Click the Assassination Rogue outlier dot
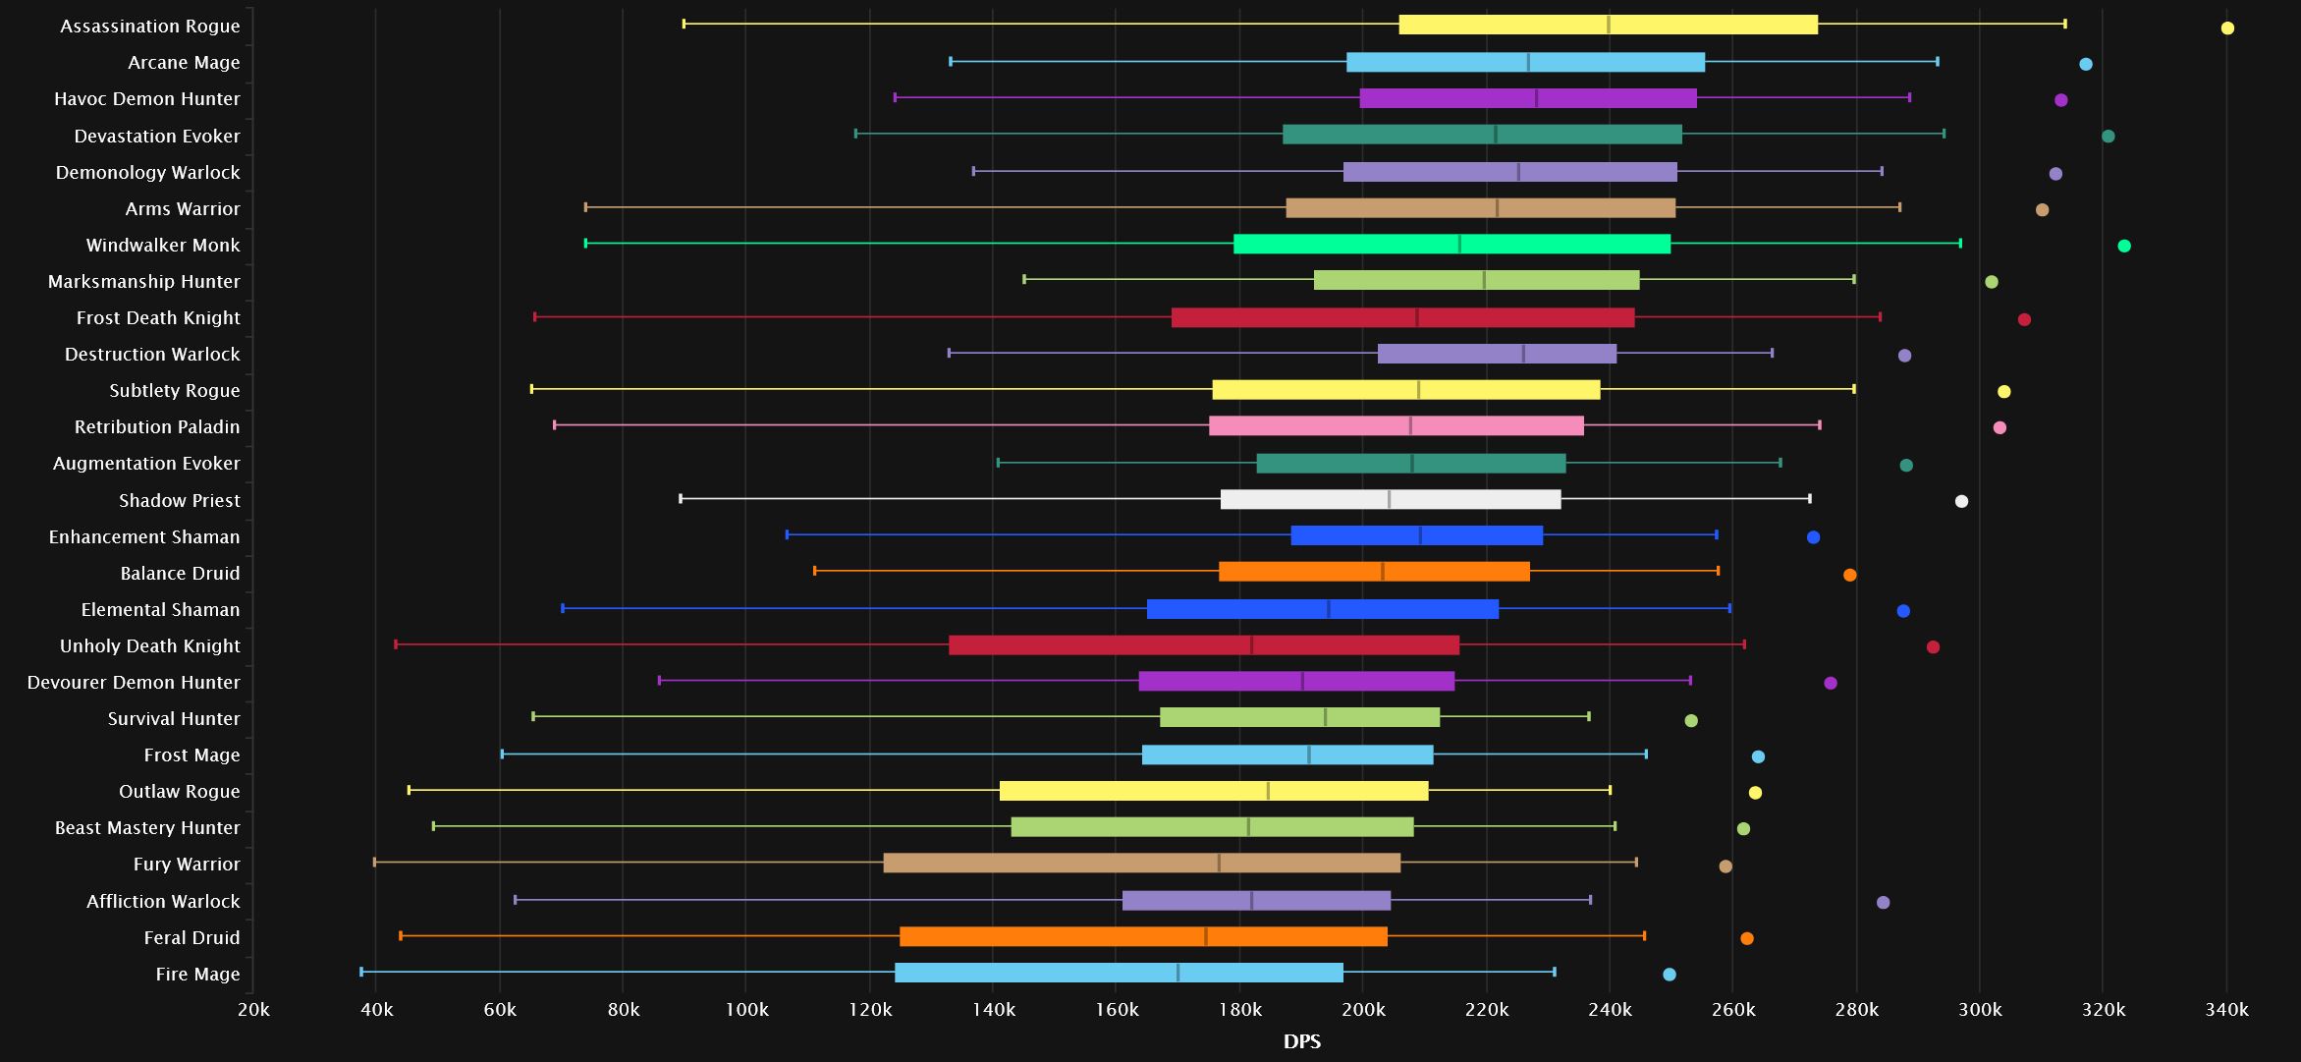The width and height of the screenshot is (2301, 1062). click(x=2227, y=28)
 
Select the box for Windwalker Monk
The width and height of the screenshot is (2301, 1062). click(x=1452, y=244)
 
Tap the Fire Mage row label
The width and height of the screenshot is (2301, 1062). click(x=197, y=974)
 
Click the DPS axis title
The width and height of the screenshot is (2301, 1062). click(x=1301, y=1041)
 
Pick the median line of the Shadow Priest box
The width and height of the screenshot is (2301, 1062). click(x=1389, y=499)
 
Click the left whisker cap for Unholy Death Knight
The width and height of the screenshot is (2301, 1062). click(x=396, y=644)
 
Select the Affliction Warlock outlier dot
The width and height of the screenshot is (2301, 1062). click(x=1883, y=902)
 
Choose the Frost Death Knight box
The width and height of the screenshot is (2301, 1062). click(x=1402, y=317)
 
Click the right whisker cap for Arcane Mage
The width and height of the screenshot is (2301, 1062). click(x=1937, y=62)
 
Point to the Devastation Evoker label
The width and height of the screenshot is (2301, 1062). click(x=157, y=136)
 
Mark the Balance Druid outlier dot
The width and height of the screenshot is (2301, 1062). click(x=1849, y=575)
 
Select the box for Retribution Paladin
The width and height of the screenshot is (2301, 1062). click(x=1396, y=425)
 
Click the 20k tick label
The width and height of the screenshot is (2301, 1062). click(x=253, y=1010)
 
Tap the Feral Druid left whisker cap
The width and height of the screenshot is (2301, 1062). click(x=401, y=936)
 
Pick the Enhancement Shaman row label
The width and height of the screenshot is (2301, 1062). click(x=144, y=536)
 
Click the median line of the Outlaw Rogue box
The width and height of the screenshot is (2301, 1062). click(x=1267, y=791)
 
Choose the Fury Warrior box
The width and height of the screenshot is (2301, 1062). click(x=1141, y=863)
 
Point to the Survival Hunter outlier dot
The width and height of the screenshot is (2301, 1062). click(x=1691, y=720)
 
